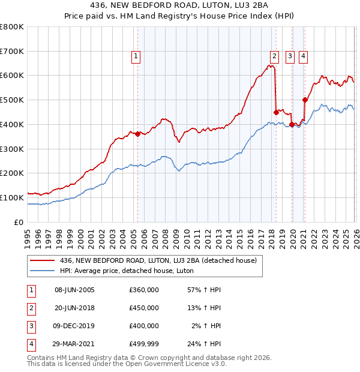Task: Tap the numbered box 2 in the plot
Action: [274, 56]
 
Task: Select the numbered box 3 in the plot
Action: [290, 56]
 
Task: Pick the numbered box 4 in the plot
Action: [304, 56]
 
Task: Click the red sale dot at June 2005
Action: [137, 134]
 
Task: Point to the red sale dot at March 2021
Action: [305, 100]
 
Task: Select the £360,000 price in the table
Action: [144, 290]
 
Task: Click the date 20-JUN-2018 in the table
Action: [74, 308]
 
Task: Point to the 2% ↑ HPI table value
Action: [206, 326]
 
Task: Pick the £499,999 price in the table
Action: [144, 344]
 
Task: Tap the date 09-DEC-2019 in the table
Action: [74, 326]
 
